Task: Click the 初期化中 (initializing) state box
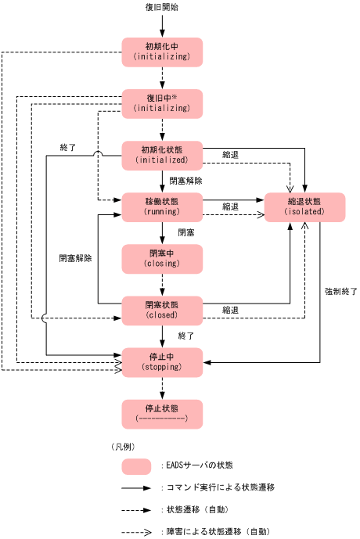[x=162, y=52]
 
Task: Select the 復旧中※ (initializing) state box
[x=162, y=103]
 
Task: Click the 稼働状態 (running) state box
[x=162, y=207]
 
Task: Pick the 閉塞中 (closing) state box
[x=162, y=258]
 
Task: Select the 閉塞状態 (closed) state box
[x=162, y=310]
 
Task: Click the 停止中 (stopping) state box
[x=162, y=361]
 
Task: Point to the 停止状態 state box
[x=162, y=414]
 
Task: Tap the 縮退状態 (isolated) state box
[x=304, y=207]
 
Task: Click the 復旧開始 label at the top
[x=162, y=7]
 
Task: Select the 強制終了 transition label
[x=340, y=291]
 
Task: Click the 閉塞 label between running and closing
[x=185, y=232]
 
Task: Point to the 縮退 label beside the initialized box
[x=230, y=155]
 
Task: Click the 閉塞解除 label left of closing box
[x=75, y=258]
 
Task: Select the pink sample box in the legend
[x=136, y=466]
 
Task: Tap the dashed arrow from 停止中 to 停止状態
[x=162, y=387]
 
